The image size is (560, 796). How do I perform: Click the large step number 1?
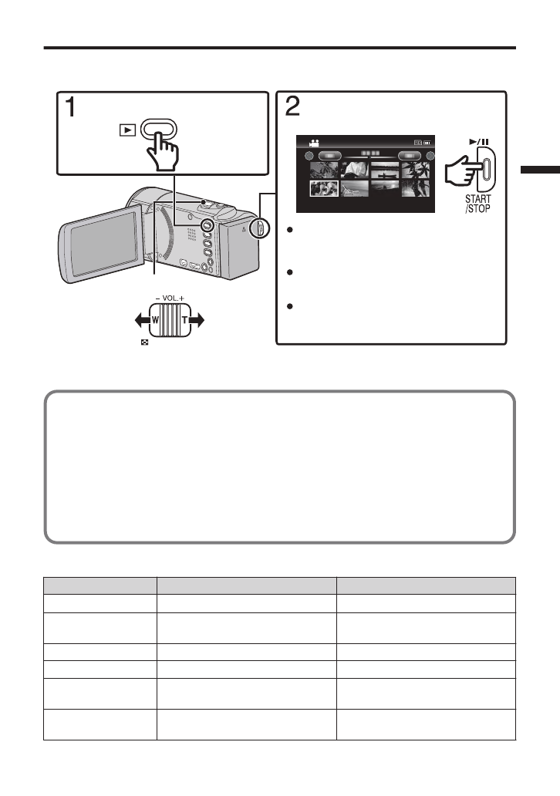(x=69, y=107)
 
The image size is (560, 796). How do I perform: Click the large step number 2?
(x=292, y=107)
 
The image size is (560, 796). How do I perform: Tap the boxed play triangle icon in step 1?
(x=124, y=130)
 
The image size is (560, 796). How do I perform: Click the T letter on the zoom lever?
(x=186, y=319)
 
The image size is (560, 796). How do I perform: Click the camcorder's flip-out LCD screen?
(x=99, y=245)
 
